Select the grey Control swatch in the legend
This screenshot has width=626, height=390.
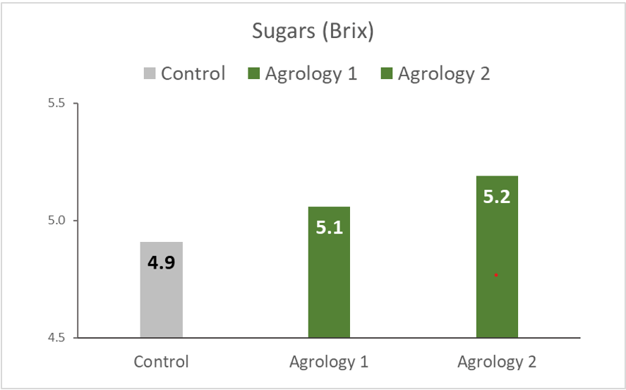[150, 73]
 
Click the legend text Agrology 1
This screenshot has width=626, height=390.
[311, 73]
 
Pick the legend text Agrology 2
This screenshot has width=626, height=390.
[444, 73]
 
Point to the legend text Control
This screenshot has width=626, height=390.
[193, 73]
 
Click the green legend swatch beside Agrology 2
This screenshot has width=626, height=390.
[387, 73]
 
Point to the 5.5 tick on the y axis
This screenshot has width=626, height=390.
[56, 103]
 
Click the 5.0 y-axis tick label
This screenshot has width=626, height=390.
[56, 220]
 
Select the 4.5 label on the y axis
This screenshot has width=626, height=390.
[56, 338]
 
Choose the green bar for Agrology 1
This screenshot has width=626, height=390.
[329, 282]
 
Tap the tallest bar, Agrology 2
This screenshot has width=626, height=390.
[497, 233]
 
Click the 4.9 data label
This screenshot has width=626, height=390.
[162, 263]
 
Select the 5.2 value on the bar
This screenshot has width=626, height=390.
[497, 197]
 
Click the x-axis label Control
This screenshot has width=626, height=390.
[162, 362]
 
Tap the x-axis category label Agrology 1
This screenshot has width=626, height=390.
[329, 362]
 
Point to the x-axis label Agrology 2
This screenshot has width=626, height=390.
[497, 362]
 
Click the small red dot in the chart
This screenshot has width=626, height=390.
[496, 274]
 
